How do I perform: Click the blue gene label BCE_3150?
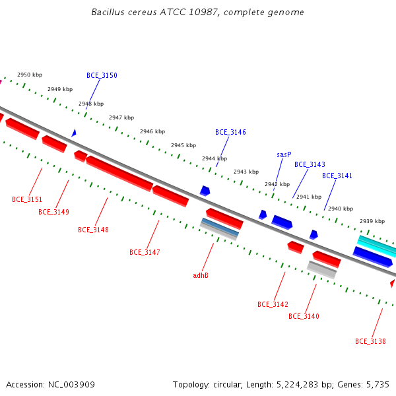pos(102,75)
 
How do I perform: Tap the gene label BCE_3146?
pos(230,132)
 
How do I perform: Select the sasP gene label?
pos(284,154)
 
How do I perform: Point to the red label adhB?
pos(201,275)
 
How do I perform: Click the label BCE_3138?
pos(370,341)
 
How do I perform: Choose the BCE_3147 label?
pos(145,252)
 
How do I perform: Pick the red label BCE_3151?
pos(27,199)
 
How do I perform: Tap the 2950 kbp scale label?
pos(30,75)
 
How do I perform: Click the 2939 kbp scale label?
pos(372,221)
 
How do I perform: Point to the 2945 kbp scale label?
pos(183,145)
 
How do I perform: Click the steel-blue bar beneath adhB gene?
pos(220,227)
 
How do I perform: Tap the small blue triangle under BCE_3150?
pos(74,133)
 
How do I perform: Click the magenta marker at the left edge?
pos(1,82)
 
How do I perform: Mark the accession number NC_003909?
pos(71,385)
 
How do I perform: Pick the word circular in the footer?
pos(228,385)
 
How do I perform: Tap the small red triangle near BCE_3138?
pos(393,283)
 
